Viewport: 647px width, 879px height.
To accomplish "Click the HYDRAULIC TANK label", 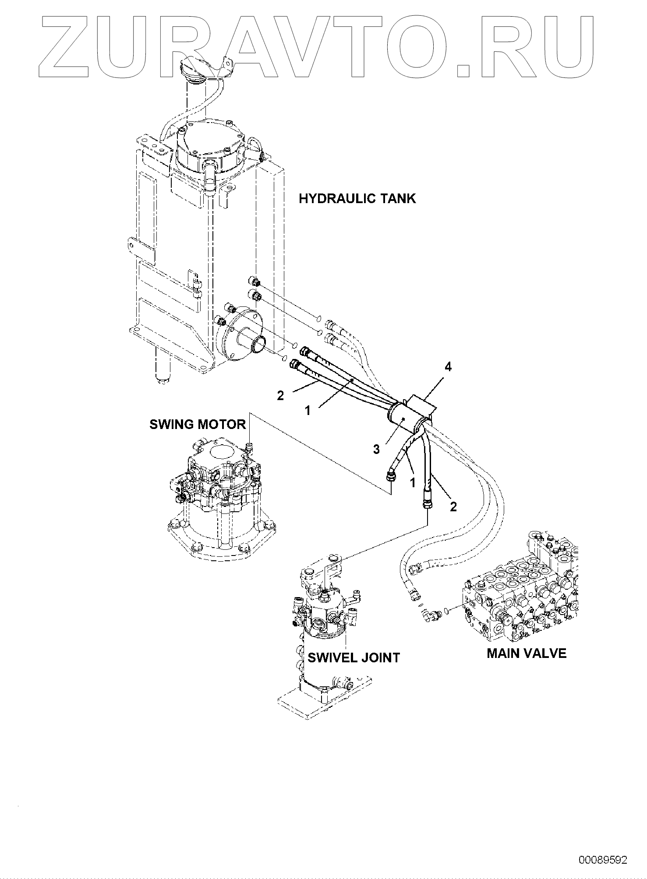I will coord(357,199).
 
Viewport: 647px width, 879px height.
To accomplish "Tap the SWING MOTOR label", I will coord(198,424).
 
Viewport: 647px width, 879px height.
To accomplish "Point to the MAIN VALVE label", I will coord(527,653).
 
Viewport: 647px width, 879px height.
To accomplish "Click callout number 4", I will coord(448,367).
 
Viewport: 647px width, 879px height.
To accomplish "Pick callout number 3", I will coord(376,449).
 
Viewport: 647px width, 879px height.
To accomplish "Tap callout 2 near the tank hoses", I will coord(280,395).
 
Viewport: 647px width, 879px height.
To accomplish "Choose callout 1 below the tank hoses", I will coord(308,411).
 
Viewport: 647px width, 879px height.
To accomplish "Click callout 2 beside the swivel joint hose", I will coord(453,506).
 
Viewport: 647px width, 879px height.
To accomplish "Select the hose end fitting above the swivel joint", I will coord(426,503).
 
